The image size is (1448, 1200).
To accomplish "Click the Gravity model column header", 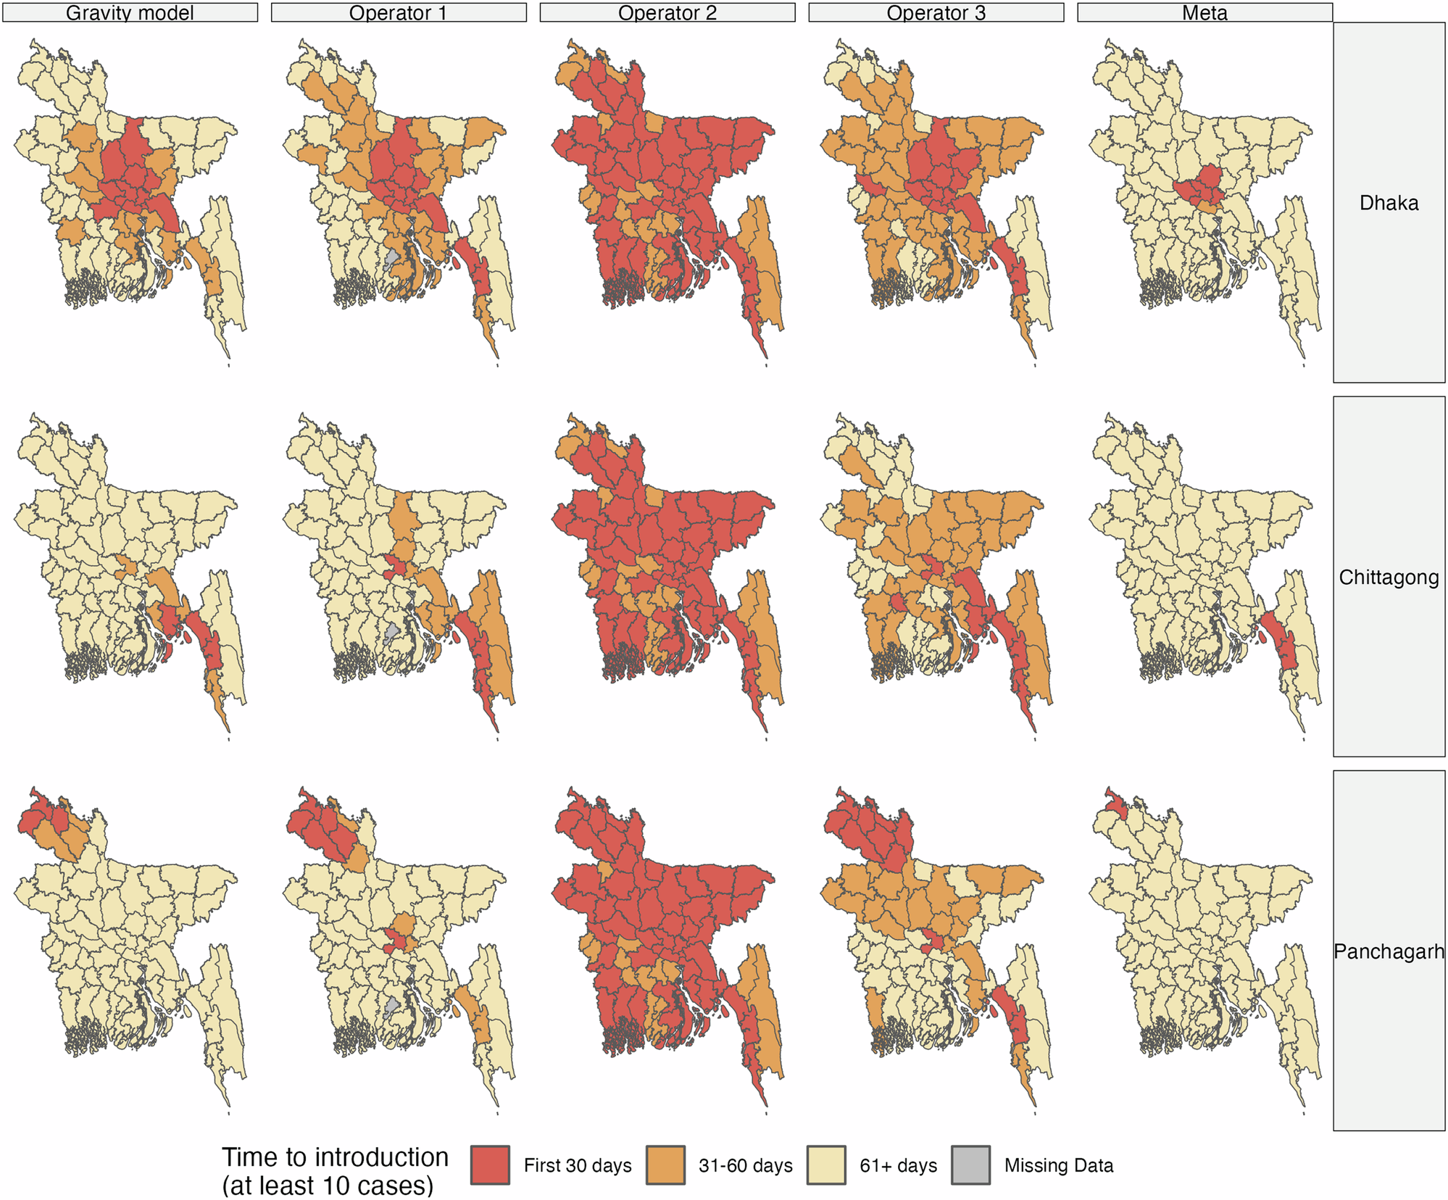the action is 130,13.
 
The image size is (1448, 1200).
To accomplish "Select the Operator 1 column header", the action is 398,13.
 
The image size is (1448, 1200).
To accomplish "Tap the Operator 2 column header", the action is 667,13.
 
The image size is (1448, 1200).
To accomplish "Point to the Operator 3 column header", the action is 936,13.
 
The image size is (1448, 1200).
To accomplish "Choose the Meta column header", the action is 1204,13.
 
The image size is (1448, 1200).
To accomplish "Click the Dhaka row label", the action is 1388,203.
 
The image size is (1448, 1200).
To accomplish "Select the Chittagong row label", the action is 1388,578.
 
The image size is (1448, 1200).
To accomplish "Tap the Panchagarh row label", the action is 1388,951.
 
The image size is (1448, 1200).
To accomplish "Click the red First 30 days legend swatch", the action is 490,1165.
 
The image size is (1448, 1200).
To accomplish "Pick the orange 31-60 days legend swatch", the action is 665,1165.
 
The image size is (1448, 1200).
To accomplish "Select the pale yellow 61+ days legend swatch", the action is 826,1165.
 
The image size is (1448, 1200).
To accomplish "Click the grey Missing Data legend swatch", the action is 970,1165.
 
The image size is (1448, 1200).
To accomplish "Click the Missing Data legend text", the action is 1058,1166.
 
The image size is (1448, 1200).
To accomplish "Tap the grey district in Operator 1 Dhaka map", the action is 391,259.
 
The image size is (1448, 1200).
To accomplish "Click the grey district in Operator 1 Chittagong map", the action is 391,633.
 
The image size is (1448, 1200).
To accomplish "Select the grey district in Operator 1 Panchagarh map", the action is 391,1007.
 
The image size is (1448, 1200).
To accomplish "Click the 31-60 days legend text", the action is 745,1166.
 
